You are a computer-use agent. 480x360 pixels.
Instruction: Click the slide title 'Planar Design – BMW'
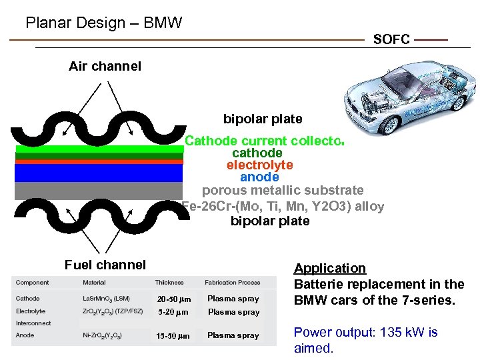point(103,23)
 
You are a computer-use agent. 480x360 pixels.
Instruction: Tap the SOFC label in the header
point(391,40)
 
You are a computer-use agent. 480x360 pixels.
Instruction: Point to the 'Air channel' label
point(105,66)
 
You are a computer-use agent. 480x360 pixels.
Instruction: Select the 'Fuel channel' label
point(105,265)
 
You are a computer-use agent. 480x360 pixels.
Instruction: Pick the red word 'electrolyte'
point(259,165)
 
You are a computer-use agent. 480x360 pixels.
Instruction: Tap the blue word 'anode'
point(259,177)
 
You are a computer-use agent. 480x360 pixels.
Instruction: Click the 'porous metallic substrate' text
point(283,191)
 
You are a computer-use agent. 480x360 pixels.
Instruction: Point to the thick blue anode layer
point(99,173)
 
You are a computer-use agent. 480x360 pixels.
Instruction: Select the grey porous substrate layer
point(99,191)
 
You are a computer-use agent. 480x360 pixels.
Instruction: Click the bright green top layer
point(99,149)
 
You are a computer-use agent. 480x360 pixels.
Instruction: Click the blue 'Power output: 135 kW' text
point(366,332)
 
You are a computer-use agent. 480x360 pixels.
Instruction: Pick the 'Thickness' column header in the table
point(169,283)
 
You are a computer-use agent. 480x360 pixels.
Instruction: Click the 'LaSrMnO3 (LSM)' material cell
point(106,299)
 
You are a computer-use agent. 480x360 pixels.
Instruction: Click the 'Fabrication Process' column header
point(233,283)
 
